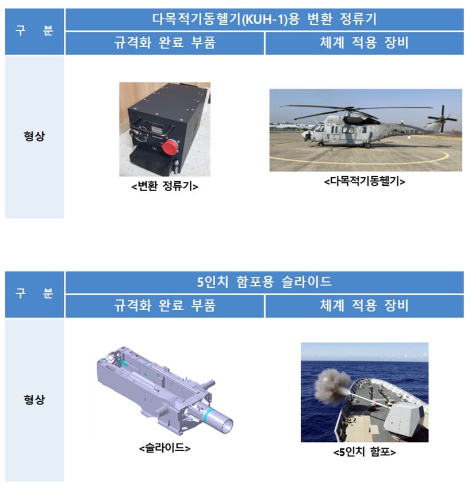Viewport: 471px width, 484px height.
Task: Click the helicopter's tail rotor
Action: click(442, 119)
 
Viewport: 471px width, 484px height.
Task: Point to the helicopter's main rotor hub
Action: click(350, 109)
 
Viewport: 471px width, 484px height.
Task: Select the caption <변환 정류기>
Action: click(164, 186)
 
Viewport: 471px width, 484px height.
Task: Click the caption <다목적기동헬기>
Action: click(364, 181)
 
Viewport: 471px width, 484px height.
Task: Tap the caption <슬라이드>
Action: click(164, 448)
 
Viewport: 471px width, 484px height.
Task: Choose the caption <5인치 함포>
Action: click(364, 452)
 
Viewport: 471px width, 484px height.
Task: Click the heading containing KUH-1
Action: click(265, 19)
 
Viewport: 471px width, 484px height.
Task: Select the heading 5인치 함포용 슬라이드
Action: click(265, 282)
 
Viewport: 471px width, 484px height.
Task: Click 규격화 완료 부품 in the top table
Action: click(164, 43)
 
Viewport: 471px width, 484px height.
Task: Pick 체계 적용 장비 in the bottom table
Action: click(364, 306)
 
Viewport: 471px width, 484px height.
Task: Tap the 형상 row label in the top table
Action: click(35, 136)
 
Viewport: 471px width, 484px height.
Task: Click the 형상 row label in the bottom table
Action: click(35, 399)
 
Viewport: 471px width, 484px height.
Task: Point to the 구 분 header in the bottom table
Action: click(35, 294)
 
